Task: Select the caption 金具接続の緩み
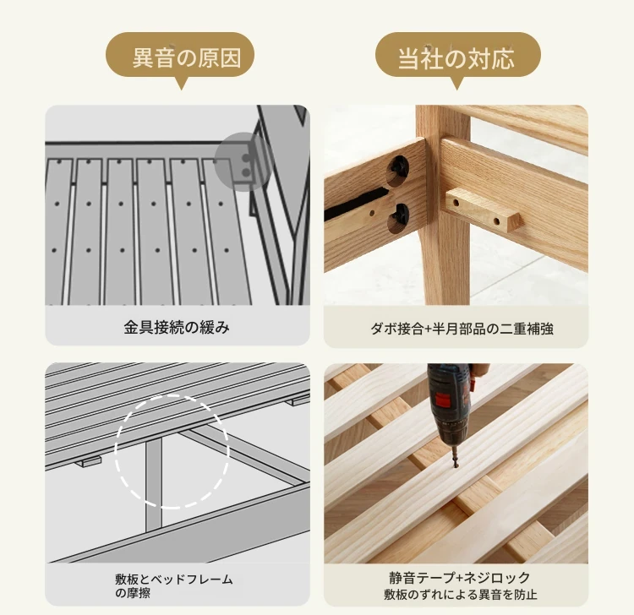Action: point(177,327)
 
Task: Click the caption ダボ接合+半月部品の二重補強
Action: point(462,329)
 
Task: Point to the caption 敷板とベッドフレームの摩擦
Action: point(174,586)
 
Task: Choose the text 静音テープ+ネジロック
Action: point(459,578)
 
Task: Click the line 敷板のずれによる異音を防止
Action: point(460,595)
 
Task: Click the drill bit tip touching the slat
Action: point(456,467)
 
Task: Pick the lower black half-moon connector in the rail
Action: point(400,216)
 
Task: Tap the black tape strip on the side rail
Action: point(355,204)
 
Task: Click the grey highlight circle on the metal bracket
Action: point(242,161)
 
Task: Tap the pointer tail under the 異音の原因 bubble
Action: point(182,83)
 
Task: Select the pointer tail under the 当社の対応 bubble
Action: point(456,83)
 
